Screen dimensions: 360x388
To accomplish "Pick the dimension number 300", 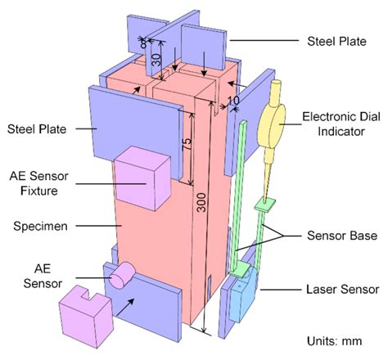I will tap(199, 208).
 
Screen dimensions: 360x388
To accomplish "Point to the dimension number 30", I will tap(156, 59).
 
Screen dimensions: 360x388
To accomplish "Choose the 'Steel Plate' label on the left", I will tap(37, 128).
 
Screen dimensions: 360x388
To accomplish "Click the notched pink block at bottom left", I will tap(84, 311).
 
